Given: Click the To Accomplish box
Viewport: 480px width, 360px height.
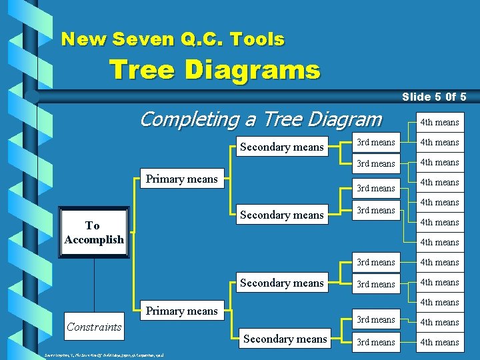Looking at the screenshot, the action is pyautogui.click(x=94, y=233).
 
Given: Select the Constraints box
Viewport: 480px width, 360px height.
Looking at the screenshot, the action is pyautogui.click(x=94, y=326).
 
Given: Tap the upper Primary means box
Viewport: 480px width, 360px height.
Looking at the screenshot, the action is pyautogui.click(x=182, y=179).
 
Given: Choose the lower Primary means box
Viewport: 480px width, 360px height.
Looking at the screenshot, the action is pyautogui.click(x=182, y=311).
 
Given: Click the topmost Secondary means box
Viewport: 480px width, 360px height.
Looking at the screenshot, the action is pyautogui.click(x=281, y=147).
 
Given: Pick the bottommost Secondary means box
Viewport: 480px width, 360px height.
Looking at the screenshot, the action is pyautogui.click(x=285, y=339).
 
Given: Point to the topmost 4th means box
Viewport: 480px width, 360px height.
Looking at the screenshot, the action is pyautogui.click(x=439, y=122).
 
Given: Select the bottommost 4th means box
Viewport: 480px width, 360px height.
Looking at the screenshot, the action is pyautogui.click(x=439, y=342).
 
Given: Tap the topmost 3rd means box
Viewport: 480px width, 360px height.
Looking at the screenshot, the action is pyautogui.click(x=375, y=142).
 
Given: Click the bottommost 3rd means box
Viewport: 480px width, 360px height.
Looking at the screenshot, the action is pyautogui.click(x=375, y=342).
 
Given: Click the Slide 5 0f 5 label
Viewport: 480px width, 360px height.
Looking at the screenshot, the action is pyautogui.click(x=433, y=97).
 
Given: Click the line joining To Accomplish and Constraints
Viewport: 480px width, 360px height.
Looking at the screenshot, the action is pyautogui.click(x=94, y=280).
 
